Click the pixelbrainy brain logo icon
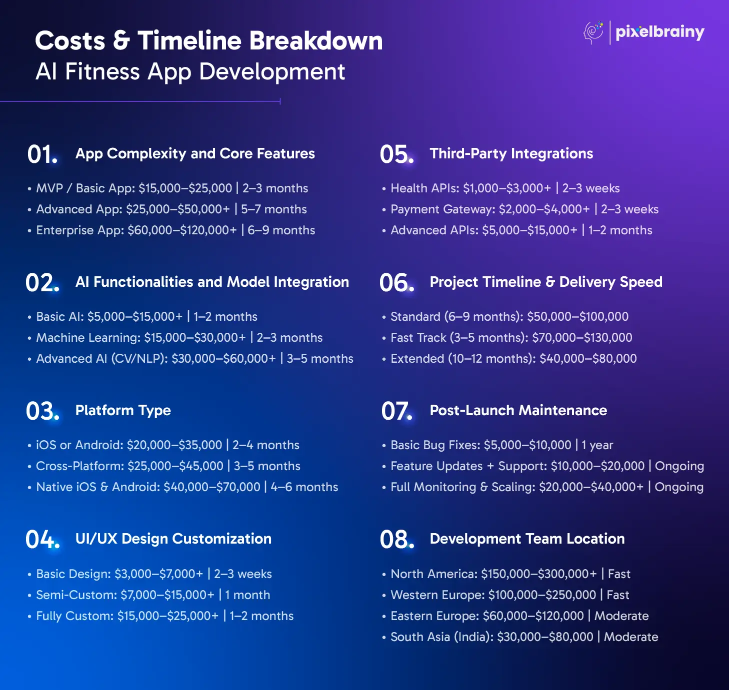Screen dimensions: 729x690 pos(593,32)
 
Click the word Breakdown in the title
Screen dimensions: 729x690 pos(316,40)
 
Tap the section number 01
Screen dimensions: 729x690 pos(42,154)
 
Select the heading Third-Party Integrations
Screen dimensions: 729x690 pos(511,153)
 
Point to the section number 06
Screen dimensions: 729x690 pos(396,283)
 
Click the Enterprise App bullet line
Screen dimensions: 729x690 pos(171,230)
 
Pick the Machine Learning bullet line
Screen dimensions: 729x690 pos(175,338)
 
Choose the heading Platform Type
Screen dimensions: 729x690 pos(123,410)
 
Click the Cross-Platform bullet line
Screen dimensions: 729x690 pos(164,466)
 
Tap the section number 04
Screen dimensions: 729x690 pos(42,539)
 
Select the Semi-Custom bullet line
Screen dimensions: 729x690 pos(148,595)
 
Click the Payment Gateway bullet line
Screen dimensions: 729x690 pos(520,209)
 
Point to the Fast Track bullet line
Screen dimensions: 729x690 pos(507,338)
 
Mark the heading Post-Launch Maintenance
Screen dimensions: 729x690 pos(518,410)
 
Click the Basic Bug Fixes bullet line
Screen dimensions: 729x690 pos(497,445)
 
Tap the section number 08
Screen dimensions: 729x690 pos(397,539)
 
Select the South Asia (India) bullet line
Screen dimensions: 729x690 pos(520,637)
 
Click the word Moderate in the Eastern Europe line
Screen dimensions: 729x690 pos(621,616)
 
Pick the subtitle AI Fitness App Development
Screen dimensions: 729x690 pos(190,71)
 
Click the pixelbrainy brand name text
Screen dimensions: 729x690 pos(660,32)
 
